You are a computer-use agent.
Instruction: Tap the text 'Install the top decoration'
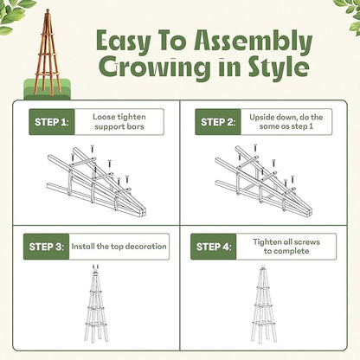(x=122, y=247)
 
